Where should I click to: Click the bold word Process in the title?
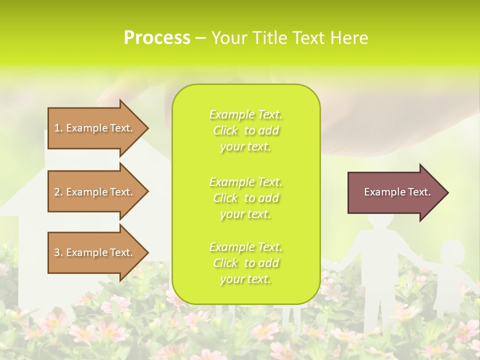157,38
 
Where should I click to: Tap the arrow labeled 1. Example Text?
95,128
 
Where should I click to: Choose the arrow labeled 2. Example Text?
95,192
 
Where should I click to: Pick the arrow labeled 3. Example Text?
95,252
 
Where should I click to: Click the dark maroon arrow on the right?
395,192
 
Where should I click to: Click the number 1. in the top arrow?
58,128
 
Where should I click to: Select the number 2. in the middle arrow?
58,192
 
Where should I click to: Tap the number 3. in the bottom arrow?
58,252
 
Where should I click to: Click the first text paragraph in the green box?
245,130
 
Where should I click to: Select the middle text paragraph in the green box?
245,197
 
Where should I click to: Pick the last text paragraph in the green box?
245,263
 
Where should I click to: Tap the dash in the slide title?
200,38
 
